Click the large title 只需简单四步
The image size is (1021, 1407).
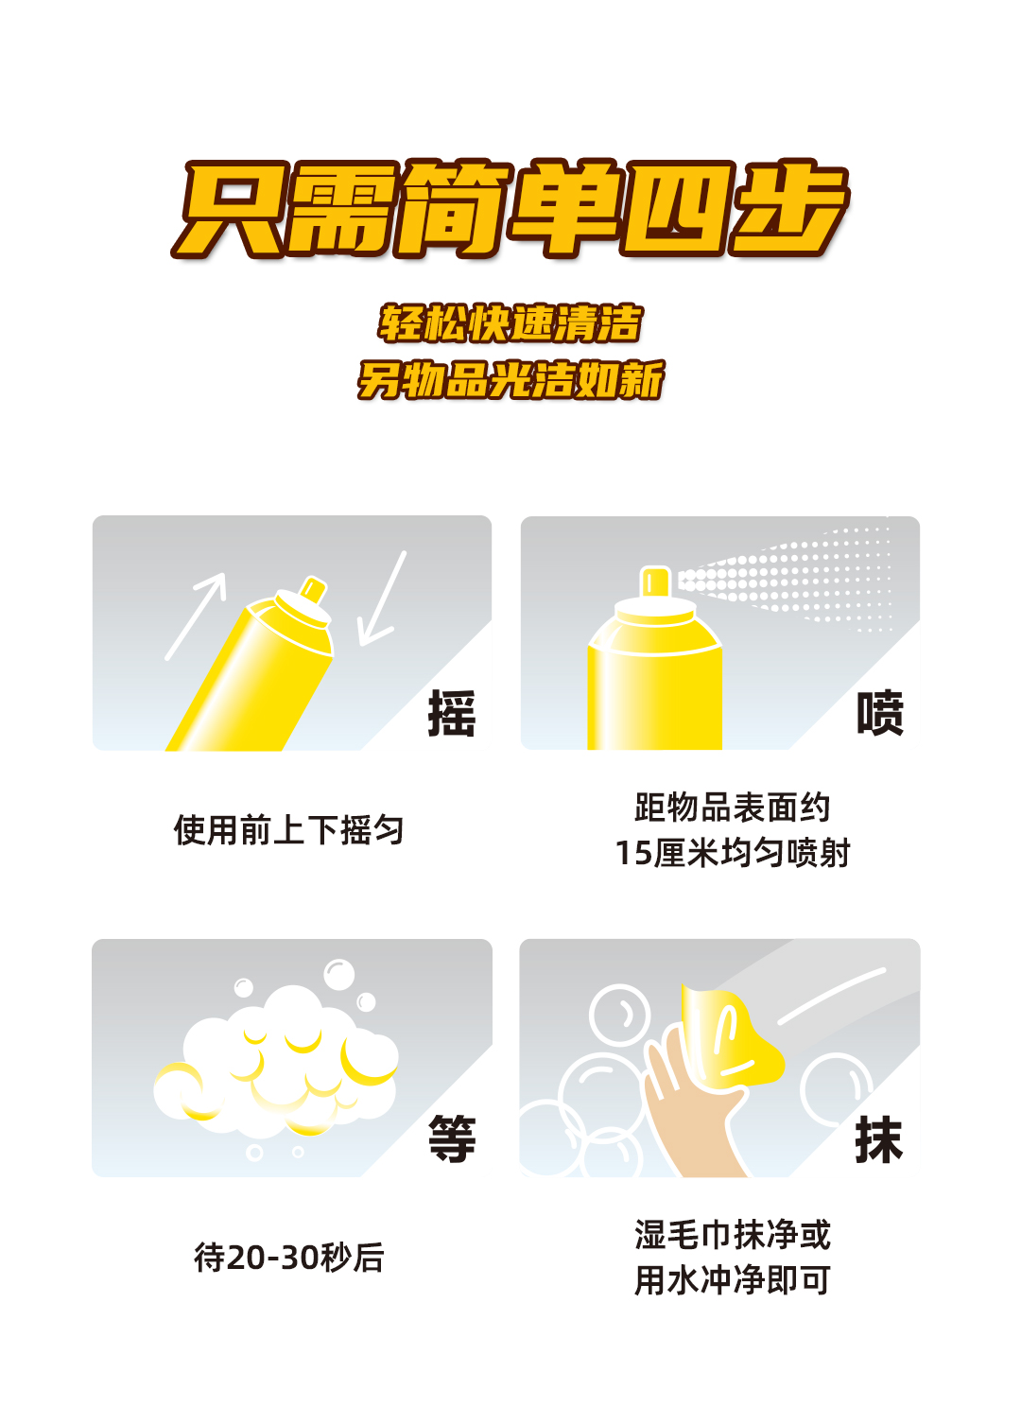pyautogui.click(x=510, y=209)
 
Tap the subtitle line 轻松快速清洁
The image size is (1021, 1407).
pyautogui.click(x=510, y=323)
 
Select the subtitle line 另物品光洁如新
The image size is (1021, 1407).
pyautogui.click(x=510, y=380)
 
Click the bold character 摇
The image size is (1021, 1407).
pyautogui.click(x=452, y=713)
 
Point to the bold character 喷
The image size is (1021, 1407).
pyautogui.click(x=880, y=713)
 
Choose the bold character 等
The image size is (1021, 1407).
pyautogui.click(x=452, y=1138)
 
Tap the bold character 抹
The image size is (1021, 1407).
pyautogui.click(x=878, y=1138)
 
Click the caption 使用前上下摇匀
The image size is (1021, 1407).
pyautogui.click(x=288, y=830)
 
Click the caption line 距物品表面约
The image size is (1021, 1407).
pyautogui.click(x=732, y=808)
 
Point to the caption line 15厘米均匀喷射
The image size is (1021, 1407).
pyautogui.click(x=732, y=853)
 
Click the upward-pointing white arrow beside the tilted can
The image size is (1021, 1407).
pyautogui.click(x=196, y=617)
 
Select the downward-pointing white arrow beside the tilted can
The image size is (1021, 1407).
pyautogui.click(x=382, y=599)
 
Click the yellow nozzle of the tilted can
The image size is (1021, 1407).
pyautogui.click(x=313, y=589)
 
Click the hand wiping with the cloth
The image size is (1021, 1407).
pyautogui.click(x=687, y=1105)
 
